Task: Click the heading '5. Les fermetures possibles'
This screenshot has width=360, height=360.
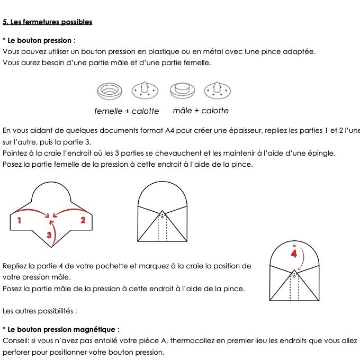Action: (x=48, y=22)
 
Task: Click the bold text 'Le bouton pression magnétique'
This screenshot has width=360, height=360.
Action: (x=63, y=329)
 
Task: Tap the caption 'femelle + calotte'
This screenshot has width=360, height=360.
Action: (x=127, y=111)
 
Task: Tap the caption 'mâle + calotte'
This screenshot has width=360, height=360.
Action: (x=201, y=111)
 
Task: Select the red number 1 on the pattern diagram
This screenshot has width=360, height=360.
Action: (x=20, y=220)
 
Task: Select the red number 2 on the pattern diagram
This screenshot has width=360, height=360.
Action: (x=83, y=220)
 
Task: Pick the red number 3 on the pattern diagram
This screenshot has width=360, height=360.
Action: (x=49, y=235)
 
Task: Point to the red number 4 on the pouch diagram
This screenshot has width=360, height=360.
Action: (x=294, y=254)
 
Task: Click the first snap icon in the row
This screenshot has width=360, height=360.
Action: (x=110, y=91)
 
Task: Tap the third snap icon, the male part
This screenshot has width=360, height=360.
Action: (x=182, y=91)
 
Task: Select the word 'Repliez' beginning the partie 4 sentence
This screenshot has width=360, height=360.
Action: (x=16, y=266)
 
